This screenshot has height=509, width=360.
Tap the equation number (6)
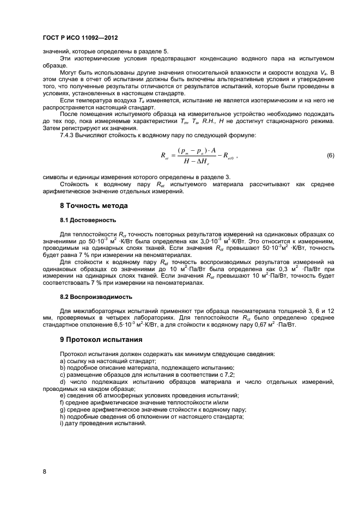(x=330, y=156)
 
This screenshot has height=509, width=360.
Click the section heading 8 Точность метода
(x=94, y=206)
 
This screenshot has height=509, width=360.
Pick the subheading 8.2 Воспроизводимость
(x=96, y=297)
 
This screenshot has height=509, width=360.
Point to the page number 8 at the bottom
(x=45, y=472)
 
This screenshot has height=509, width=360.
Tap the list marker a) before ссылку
(x=63, y=361)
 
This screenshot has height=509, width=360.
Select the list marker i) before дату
(x=62, y=424)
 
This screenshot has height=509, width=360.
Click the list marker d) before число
(x=63, y=382)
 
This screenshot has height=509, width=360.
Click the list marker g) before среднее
(x=63, y=409)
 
